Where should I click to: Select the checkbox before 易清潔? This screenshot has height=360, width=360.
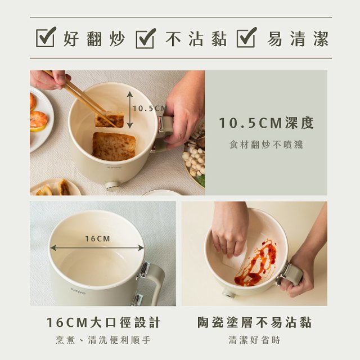pos(247,38)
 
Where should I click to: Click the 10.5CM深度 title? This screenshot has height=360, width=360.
pos(266,123)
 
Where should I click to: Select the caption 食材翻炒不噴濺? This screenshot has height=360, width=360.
pos(266,145)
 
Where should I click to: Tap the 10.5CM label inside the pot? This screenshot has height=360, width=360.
pos(149,108)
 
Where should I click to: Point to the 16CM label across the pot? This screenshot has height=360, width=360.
pos(97,238)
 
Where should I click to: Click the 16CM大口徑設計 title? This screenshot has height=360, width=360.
pos(103,322)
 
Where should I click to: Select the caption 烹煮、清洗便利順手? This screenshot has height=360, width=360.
pos(103,340)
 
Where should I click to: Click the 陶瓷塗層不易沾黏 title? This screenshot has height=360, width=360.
pos(254,322)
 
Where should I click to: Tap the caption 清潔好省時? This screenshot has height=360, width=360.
pos(254,340)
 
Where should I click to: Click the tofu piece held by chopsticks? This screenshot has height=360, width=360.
pos(109,120)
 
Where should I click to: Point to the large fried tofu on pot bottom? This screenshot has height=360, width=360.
pos(114,146)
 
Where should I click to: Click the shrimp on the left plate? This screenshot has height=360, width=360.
pos(39,120)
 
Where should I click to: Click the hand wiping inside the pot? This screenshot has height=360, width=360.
pos(229,228)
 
